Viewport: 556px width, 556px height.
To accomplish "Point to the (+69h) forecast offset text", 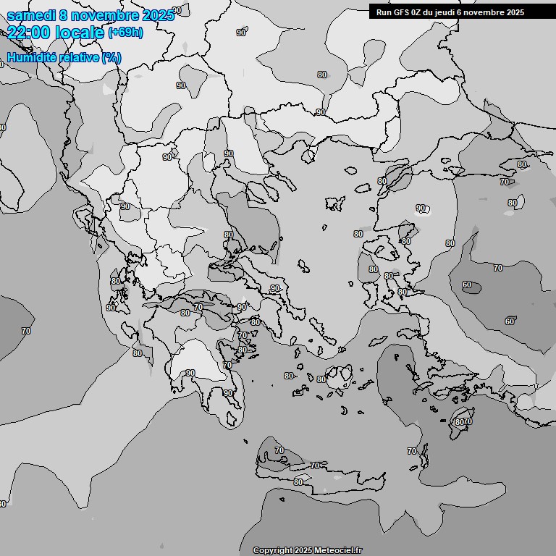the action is click(125, 33).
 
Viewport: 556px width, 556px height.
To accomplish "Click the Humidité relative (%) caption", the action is click(64, 57).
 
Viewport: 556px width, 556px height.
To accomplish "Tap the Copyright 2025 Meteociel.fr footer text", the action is click(307, 551).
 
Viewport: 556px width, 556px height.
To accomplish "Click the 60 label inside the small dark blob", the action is click(467, 285).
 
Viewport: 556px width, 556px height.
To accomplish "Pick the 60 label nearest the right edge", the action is click(510, 321).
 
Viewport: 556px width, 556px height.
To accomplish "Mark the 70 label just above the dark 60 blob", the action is click(498, 268).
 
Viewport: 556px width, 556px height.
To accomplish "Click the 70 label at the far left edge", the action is click(26, 331).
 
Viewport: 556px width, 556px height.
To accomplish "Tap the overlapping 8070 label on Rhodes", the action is click(463, 421).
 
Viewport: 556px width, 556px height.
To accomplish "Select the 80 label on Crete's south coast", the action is click(298, 482).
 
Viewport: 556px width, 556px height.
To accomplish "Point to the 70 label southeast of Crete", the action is click(412, 451).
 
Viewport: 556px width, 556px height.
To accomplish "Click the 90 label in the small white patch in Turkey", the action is click(421, 208).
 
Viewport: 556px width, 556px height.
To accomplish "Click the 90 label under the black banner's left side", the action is click(320, 112).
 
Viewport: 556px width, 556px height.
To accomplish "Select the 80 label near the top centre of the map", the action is click(321, 75).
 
